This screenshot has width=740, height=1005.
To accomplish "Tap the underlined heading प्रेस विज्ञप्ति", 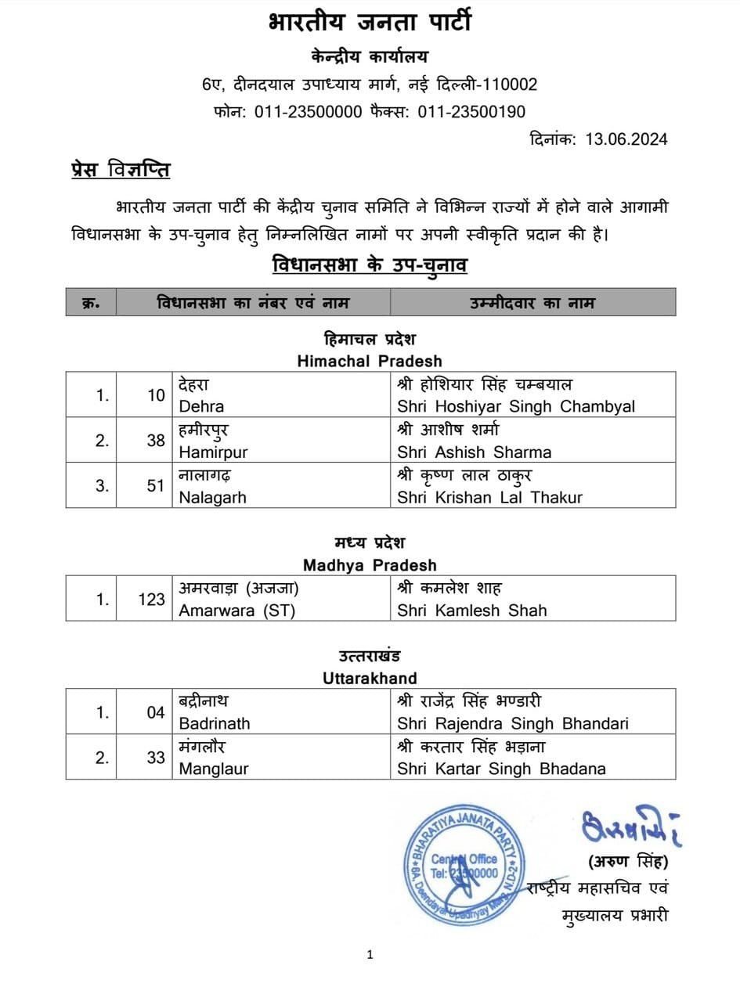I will (x=120, y=169).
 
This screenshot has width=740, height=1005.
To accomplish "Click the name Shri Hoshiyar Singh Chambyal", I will (x=515, y=406).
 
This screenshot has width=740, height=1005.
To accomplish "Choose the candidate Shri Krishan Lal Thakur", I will (x=489, y=497).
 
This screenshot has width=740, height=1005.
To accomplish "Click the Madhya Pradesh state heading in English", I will (x=370, y=565).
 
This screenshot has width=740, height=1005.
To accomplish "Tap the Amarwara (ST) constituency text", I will (x=237, y=611).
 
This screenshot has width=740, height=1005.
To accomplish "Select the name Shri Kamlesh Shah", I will (x=472, y=611).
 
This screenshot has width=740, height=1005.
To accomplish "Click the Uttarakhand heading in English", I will (x=370, y=678).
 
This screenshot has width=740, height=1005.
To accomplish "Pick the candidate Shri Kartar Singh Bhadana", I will (x=501, y=769).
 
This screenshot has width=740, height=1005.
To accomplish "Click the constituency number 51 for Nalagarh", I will (x=156, y=486).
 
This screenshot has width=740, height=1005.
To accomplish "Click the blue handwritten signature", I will (x=630, y=827).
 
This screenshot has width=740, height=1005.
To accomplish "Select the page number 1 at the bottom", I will (x=370, y=954).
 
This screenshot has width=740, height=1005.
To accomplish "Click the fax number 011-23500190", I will (x=471, y=112).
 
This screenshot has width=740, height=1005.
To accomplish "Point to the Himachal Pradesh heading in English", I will (x=370, y=361).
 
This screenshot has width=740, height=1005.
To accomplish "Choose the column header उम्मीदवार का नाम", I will (x=532, y=303).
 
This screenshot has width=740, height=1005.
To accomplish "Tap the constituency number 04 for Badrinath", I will (x=156, y=712).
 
